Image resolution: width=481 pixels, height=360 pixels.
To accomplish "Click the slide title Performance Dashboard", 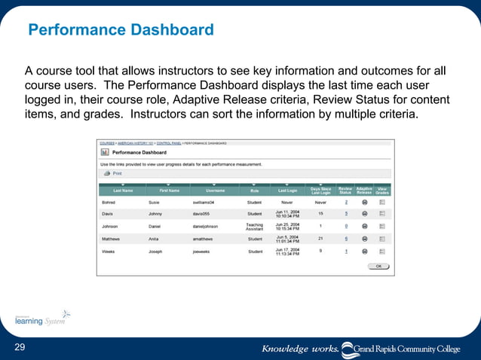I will click(x=121, y=31).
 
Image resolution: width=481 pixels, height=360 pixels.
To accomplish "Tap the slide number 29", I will click(x=20, y=346).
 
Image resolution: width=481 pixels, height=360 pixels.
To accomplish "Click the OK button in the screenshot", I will click(x=378, y=266).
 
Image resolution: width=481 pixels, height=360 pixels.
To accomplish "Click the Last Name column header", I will click(x=123, y=191).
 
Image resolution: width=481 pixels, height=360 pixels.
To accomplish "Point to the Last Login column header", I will click(x=287, y=191).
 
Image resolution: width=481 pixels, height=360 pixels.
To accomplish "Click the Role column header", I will click(x=254, y=191).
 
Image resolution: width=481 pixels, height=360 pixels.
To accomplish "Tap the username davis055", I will click(x=205, y=214).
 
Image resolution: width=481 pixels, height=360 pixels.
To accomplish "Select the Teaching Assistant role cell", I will click(x=254, y=226).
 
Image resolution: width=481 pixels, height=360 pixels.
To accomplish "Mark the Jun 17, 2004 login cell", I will click(x=286, y=251).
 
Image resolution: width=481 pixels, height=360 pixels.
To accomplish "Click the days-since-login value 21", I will click(x=320, y=238).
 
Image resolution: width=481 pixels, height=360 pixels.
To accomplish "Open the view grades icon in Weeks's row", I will click(x=382, y=251).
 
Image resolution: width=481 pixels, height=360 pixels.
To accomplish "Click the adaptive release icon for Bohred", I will click(x=364, y=202).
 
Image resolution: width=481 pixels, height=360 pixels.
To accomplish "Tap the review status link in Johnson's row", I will click(x=346, y=226).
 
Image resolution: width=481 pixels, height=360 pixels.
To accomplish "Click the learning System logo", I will click(x=41, y=319).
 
